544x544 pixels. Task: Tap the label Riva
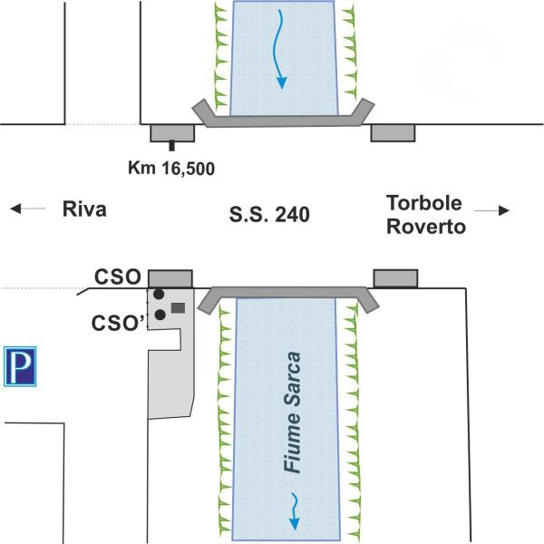(x=84, y=209)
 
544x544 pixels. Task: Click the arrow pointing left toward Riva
(x=28, y=209)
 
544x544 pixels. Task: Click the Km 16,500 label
(x=171, y=167)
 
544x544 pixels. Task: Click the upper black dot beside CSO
(x=159, y=295)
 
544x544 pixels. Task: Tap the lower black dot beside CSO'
(x=160, y=315)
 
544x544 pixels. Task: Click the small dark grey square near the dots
(x=178, y=308)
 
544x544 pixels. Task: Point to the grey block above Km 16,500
(x=171, y=132)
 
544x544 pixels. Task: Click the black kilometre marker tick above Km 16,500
(x=171, y=144)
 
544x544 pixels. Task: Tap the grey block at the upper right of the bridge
(x=393, y=132)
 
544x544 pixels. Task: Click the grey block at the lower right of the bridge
(x=395, y=277)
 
